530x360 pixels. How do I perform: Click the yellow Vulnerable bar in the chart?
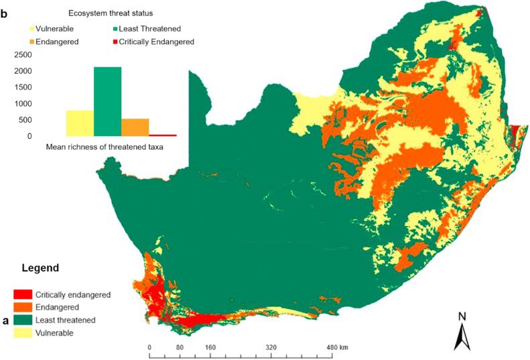pos(79,123)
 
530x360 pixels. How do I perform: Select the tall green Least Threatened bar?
pos(107,101)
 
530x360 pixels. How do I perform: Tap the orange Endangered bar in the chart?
pos(135,127)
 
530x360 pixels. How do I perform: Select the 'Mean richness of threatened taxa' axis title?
pos(105,147)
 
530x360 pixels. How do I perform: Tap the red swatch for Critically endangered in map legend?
pos(23,294)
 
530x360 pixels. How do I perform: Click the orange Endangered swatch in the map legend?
pos(23,307)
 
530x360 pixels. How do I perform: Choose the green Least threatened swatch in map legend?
pos(23,320)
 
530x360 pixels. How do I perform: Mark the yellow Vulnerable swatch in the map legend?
pos(23,333)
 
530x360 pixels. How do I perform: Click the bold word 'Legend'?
pos(40,267)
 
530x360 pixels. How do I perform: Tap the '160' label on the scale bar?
pos(210,348)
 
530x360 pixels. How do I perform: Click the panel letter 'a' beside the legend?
pos(5,320)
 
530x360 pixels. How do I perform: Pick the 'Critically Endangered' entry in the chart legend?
pos(156,42)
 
